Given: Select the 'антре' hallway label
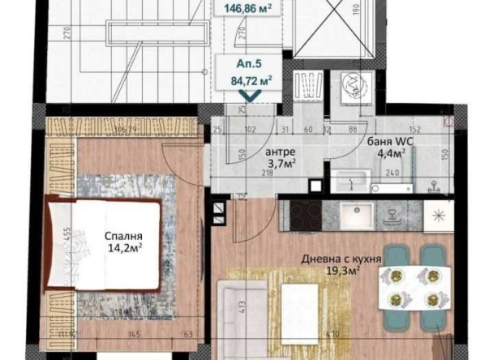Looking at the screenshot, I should [281, 152].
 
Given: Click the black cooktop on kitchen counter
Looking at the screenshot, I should [306, 215].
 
